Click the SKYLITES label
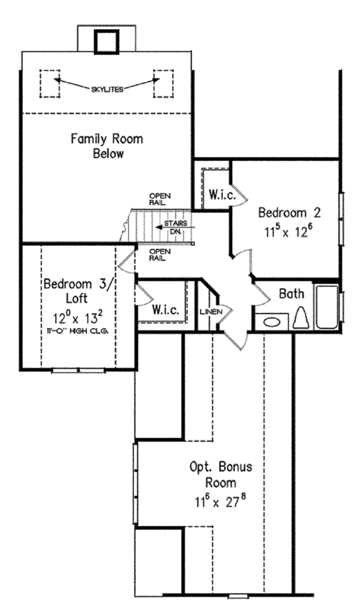coord(108,89)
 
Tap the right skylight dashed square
coord(162,83)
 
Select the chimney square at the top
coord(106,40)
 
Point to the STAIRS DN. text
coord(176,227)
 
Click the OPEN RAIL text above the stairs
coord(160,199)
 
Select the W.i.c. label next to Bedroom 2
coord(221,194)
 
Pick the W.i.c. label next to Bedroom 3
coord(163,311)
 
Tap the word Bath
coord(292,294)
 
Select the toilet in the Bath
coord(302,318)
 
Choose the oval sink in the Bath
coord(271,321)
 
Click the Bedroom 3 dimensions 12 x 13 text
coord(76,316)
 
